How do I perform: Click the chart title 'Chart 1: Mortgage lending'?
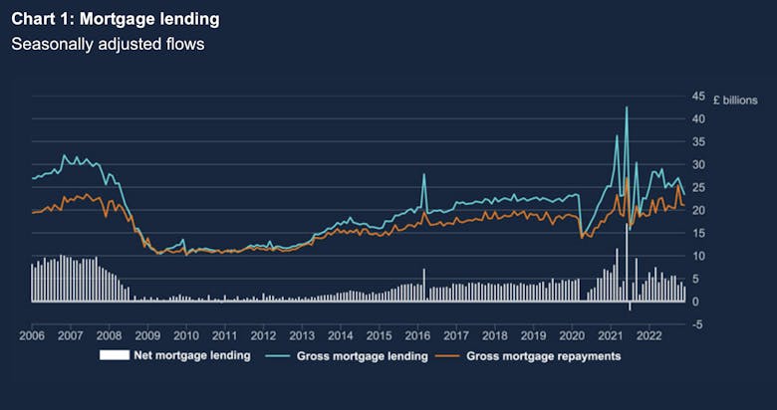(116, 20)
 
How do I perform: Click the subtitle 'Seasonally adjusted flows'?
(108, 45)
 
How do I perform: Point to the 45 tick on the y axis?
(699, 97)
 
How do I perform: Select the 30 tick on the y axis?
(699, 164)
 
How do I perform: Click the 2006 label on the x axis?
(32, 336)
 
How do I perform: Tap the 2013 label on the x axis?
(302, 336)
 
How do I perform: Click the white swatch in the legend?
(115, 355)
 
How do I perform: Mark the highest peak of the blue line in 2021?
(627, 107)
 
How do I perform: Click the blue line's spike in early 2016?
(423, 175)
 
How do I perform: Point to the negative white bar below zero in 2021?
(630, 306)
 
